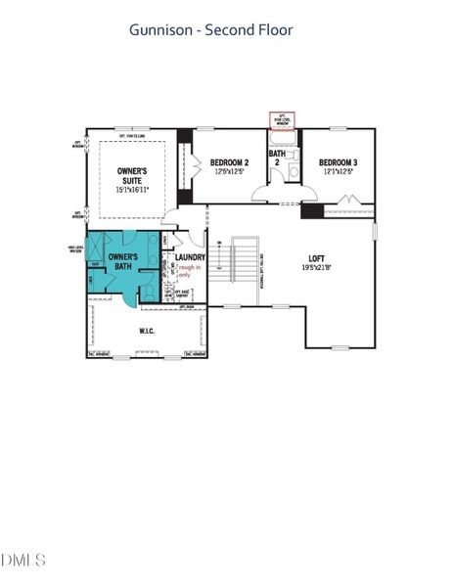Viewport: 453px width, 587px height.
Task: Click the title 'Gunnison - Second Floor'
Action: tap(211, 30)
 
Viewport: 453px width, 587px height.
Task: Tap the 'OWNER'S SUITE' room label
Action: tap(132, 176)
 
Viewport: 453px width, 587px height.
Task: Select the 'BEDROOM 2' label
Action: tap(233, 162)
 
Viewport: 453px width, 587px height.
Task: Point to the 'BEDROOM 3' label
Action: tap(337, 162)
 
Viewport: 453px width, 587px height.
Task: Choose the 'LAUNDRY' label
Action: tap(190, 257)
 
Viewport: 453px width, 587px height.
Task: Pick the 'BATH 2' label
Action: tap(278, 158)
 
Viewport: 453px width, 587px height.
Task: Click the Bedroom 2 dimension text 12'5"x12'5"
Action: tap(233, 171)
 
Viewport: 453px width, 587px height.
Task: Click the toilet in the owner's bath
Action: tap(148, 290)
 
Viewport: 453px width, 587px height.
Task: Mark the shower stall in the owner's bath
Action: tap(98, 248)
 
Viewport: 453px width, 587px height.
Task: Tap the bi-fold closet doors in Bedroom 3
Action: tap(348, 203)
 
